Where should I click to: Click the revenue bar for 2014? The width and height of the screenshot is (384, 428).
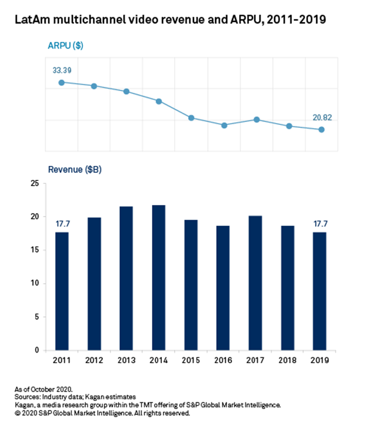[158, 277]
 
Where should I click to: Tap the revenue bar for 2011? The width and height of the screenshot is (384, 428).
[61, 291]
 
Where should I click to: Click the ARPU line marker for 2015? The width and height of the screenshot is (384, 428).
[191, 118]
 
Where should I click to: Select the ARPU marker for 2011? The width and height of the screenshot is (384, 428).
[61, 82]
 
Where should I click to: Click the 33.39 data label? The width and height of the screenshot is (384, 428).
[63, 70]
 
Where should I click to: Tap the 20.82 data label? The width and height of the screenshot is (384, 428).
[322, 117]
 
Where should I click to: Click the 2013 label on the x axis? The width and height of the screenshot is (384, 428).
[126, 360]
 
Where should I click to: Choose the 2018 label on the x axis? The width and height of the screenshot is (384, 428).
[289, 360]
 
